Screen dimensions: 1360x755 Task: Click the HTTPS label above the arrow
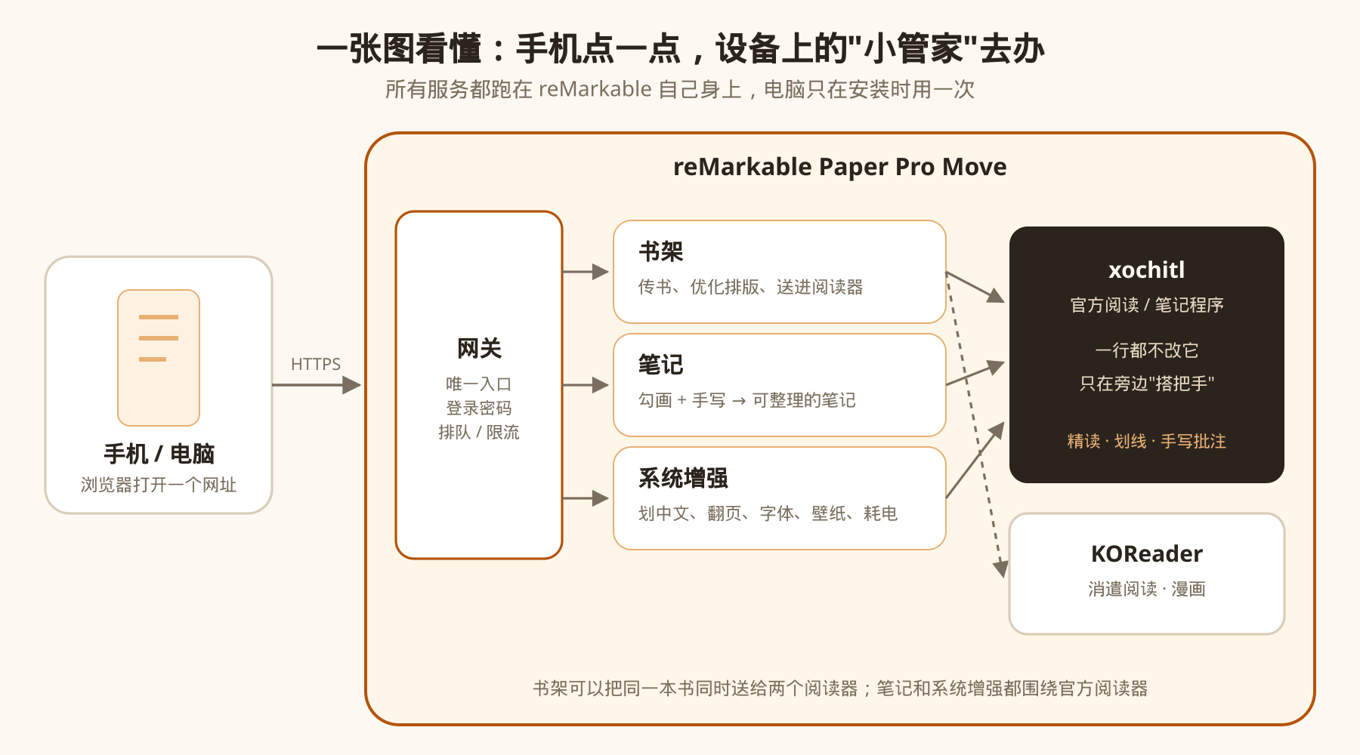tap(316, 364)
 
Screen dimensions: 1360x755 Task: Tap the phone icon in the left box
tap(159, 358)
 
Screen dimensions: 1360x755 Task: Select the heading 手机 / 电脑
tap(159, 454)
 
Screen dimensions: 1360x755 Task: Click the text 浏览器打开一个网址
tap(159, 485)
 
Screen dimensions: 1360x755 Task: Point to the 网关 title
tap(479, 348)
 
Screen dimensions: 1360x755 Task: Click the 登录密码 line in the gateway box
tap(479, 408)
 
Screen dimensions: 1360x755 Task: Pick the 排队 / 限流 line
tap(479, 432)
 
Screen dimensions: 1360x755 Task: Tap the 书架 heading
tap(660, 251)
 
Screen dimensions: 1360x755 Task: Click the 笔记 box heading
tap(660, 365)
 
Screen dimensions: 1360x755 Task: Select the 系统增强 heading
tap(683, 478)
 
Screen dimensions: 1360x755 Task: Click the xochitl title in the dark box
tap(1147, 270)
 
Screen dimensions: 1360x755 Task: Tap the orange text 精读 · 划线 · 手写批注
tap(1147, 441)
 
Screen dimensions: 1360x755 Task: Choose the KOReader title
tap(1147, 553)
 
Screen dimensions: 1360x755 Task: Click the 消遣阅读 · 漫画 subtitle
tap(1147, 589)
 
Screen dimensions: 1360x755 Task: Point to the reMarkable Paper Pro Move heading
tap(840, 167)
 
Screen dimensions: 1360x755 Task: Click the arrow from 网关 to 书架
tap(586, 272)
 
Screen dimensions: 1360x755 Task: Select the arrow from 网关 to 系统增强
tap(586, 498)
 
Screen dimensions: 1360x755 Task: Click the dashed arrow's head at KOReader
tap(1001, 569)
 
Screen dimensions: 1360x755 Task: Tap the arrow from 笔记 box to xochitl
tap(975, 374)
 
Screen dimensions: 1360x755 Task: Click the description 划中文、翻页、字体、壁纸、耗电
tap(768, 513)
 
